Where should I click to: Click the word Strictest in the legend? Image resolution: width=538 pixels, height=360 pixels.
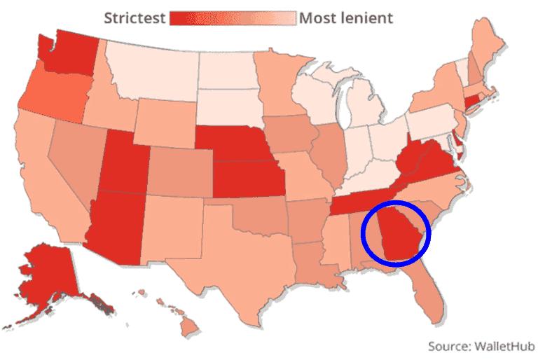pyautogui.click(x=134, y=17)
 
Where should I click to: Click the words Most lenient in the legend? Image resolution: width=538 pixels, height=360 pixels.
pyautogui.click(x=346, y=17)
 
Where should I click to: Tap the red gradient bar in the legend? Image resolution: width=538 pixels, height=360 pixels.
pyautogui.click(x=233, y=17)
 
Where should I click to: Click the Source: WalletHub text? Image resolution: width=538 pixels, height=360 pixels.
pyautogui.click(x=481, y=346)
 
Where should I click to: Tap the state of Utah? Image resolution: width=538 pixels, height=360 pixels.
pyautogui.click(x=123, y=165)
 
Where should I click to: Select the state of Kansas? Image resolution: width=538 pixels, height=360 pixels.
pyautogui.click(x=249, y=181)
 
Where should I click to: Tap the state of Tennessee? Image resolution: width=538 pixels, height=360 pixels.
pyautogui.click(x=357, y=200)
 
